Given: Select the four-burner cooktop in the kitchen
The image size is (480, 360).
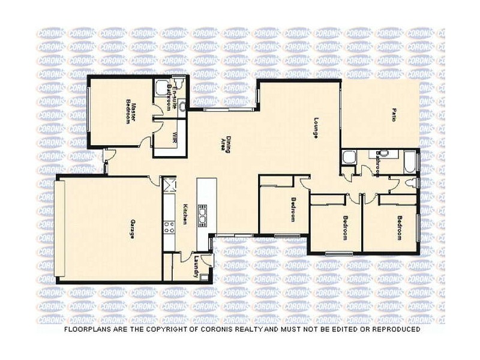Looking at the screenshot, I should pos(169,227).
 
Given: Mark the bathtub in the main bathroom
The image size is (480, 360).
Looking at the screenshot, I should pos(410,161).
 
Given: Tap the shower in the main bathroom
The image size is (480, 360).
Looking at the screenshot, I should pos(349,159).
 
